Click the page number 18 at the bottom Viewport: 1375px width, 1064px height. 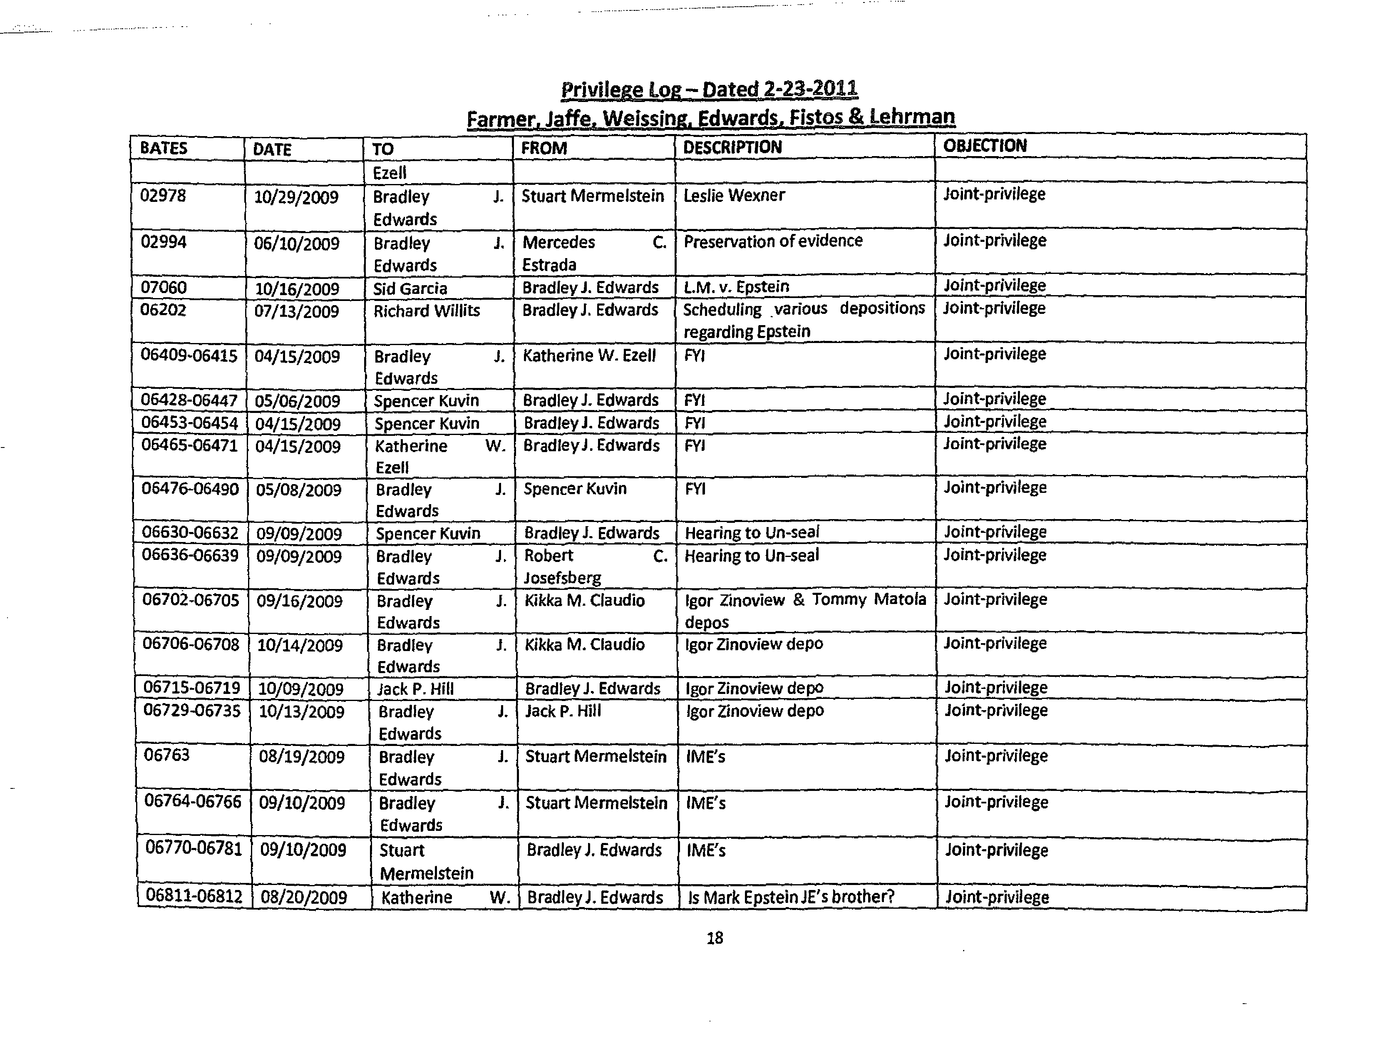point(715,939)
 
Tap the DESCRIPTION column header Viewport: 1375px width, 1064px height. point(732,147)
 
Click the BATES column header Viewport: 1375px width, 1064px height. point(164,149)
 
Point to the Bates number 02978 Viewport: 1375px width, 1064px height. point(163,196)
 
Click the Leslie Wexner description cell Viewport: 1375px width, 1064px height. point(734,196)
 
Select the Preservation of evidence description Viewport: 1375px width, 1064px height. point(773,241)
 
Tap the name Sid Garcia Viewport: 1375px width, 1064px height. point(410,288)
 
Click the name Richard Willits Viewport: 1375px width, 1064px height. point(426,311)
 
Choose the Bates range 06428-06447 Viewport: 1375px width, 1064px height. point(189,400)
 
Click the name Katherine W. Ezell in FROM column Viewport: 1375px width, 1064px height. point(589,356)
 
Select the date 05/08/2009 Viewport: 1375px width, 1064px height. point(298,490)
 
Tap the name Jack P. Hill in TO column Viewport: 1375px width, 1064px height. point(415,689)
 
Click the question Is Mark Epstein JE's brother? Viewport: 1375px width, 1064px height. point(791,897)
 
